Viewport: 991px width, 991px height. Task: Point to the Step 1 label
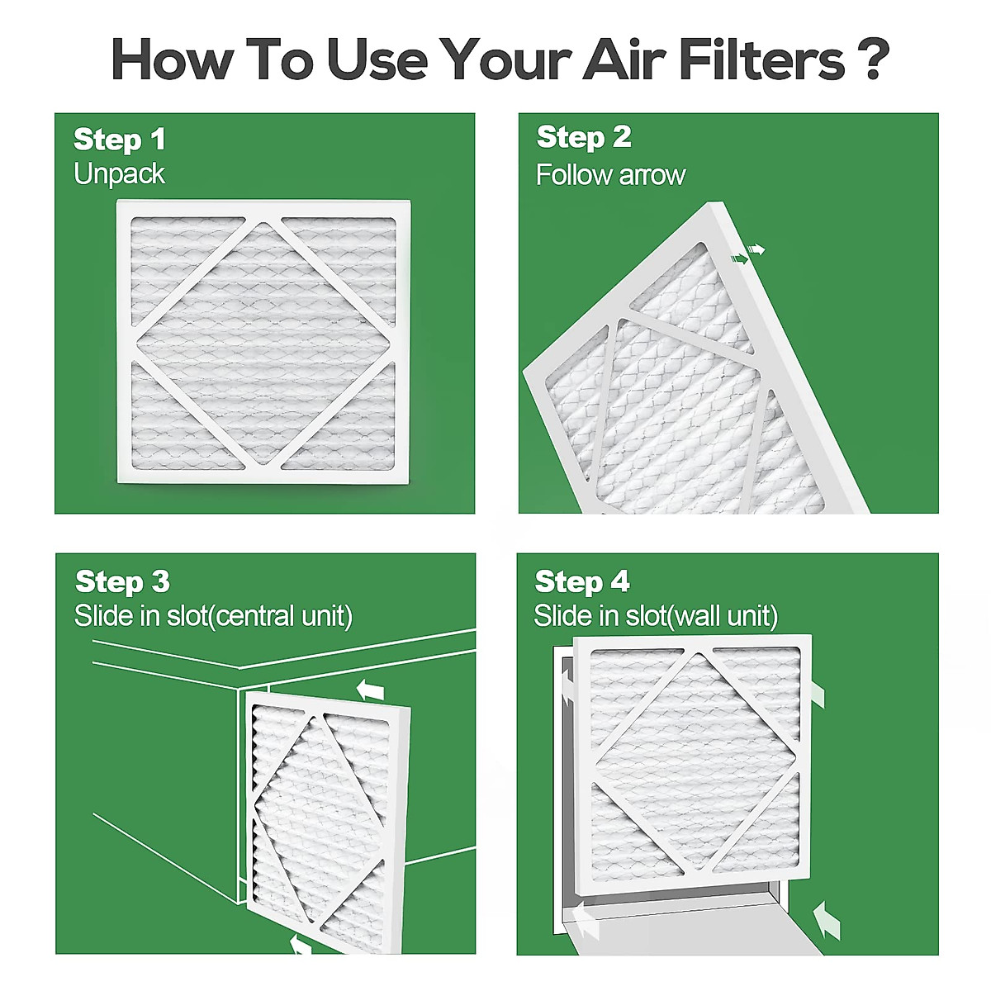(x=120, y=140)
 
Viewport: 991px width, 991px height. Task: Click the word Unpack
(x=119, y=174)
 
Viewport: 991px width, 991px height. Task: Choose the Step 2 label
(x=584, y=137)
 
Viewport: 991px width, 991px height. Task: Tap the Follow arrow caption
(x=610, y=175)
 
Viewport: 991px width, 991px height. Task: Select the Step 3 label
(x=122, y=581)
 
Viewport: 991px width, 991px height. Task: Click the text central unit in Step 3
(x=282, y=616)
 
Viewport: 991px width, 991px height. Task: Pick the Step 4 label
(x=582, y=581)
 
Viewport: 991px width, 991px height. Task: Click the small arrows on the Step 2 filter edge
(x=748, y=254)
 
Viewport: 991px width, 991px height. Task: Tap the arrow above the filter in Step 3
(x=371, y=689)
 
